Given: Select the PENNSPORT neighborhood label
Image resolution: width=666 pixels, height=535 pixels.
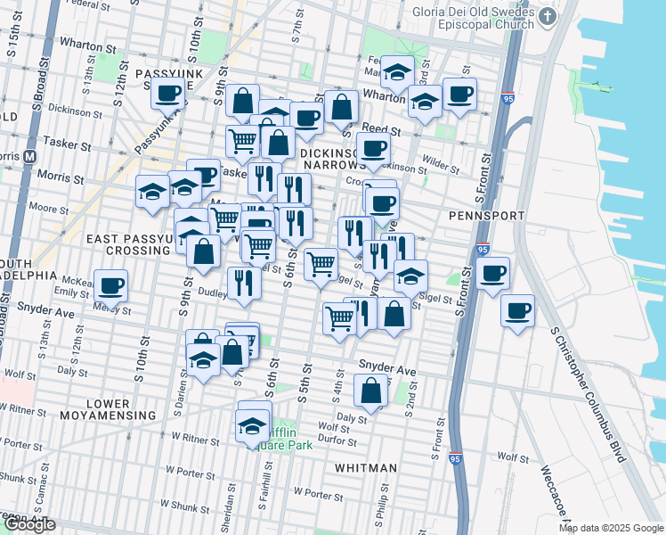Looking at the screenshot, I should pos(478,216).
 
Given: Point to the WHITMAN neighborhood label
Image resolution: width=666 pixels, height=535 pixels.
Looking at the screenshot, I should pos(366,467).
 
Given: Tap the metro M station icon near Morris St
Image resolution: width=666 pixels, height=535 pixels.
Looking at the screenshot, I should pos(29,154).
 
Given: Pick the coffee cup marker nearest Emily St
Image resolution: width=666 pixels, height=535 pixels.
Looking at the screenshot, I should pos(110,286).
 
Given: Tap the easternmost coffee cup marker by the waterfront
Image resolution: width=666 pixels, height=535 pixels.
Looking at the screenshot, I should pos(517,311).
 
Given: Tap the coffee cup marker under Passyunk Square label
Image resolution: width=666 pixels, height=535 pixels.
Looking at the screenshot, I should pos(167,92).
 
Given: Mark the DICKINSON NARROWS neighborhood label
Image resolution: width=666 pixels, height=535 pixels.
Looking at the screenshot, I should pos(332,160).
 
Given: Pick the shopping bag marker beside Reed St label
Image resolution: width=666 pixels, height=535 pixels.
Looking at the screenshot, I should pos(341,107).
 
